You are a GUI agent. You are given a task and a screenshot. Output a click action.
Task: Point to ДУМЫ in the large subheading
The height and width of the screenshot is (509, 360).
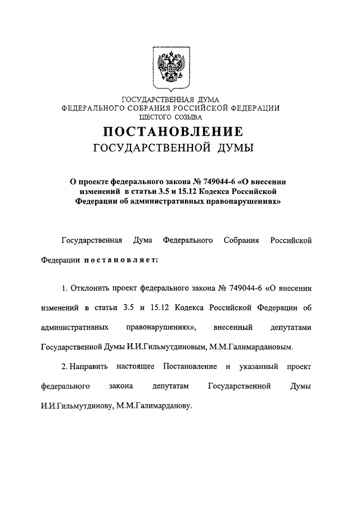coord(230,148)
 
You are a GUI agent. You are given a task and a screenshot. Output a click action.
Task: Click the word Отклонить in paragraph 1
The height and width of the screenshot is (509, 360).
coord(90,288)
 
